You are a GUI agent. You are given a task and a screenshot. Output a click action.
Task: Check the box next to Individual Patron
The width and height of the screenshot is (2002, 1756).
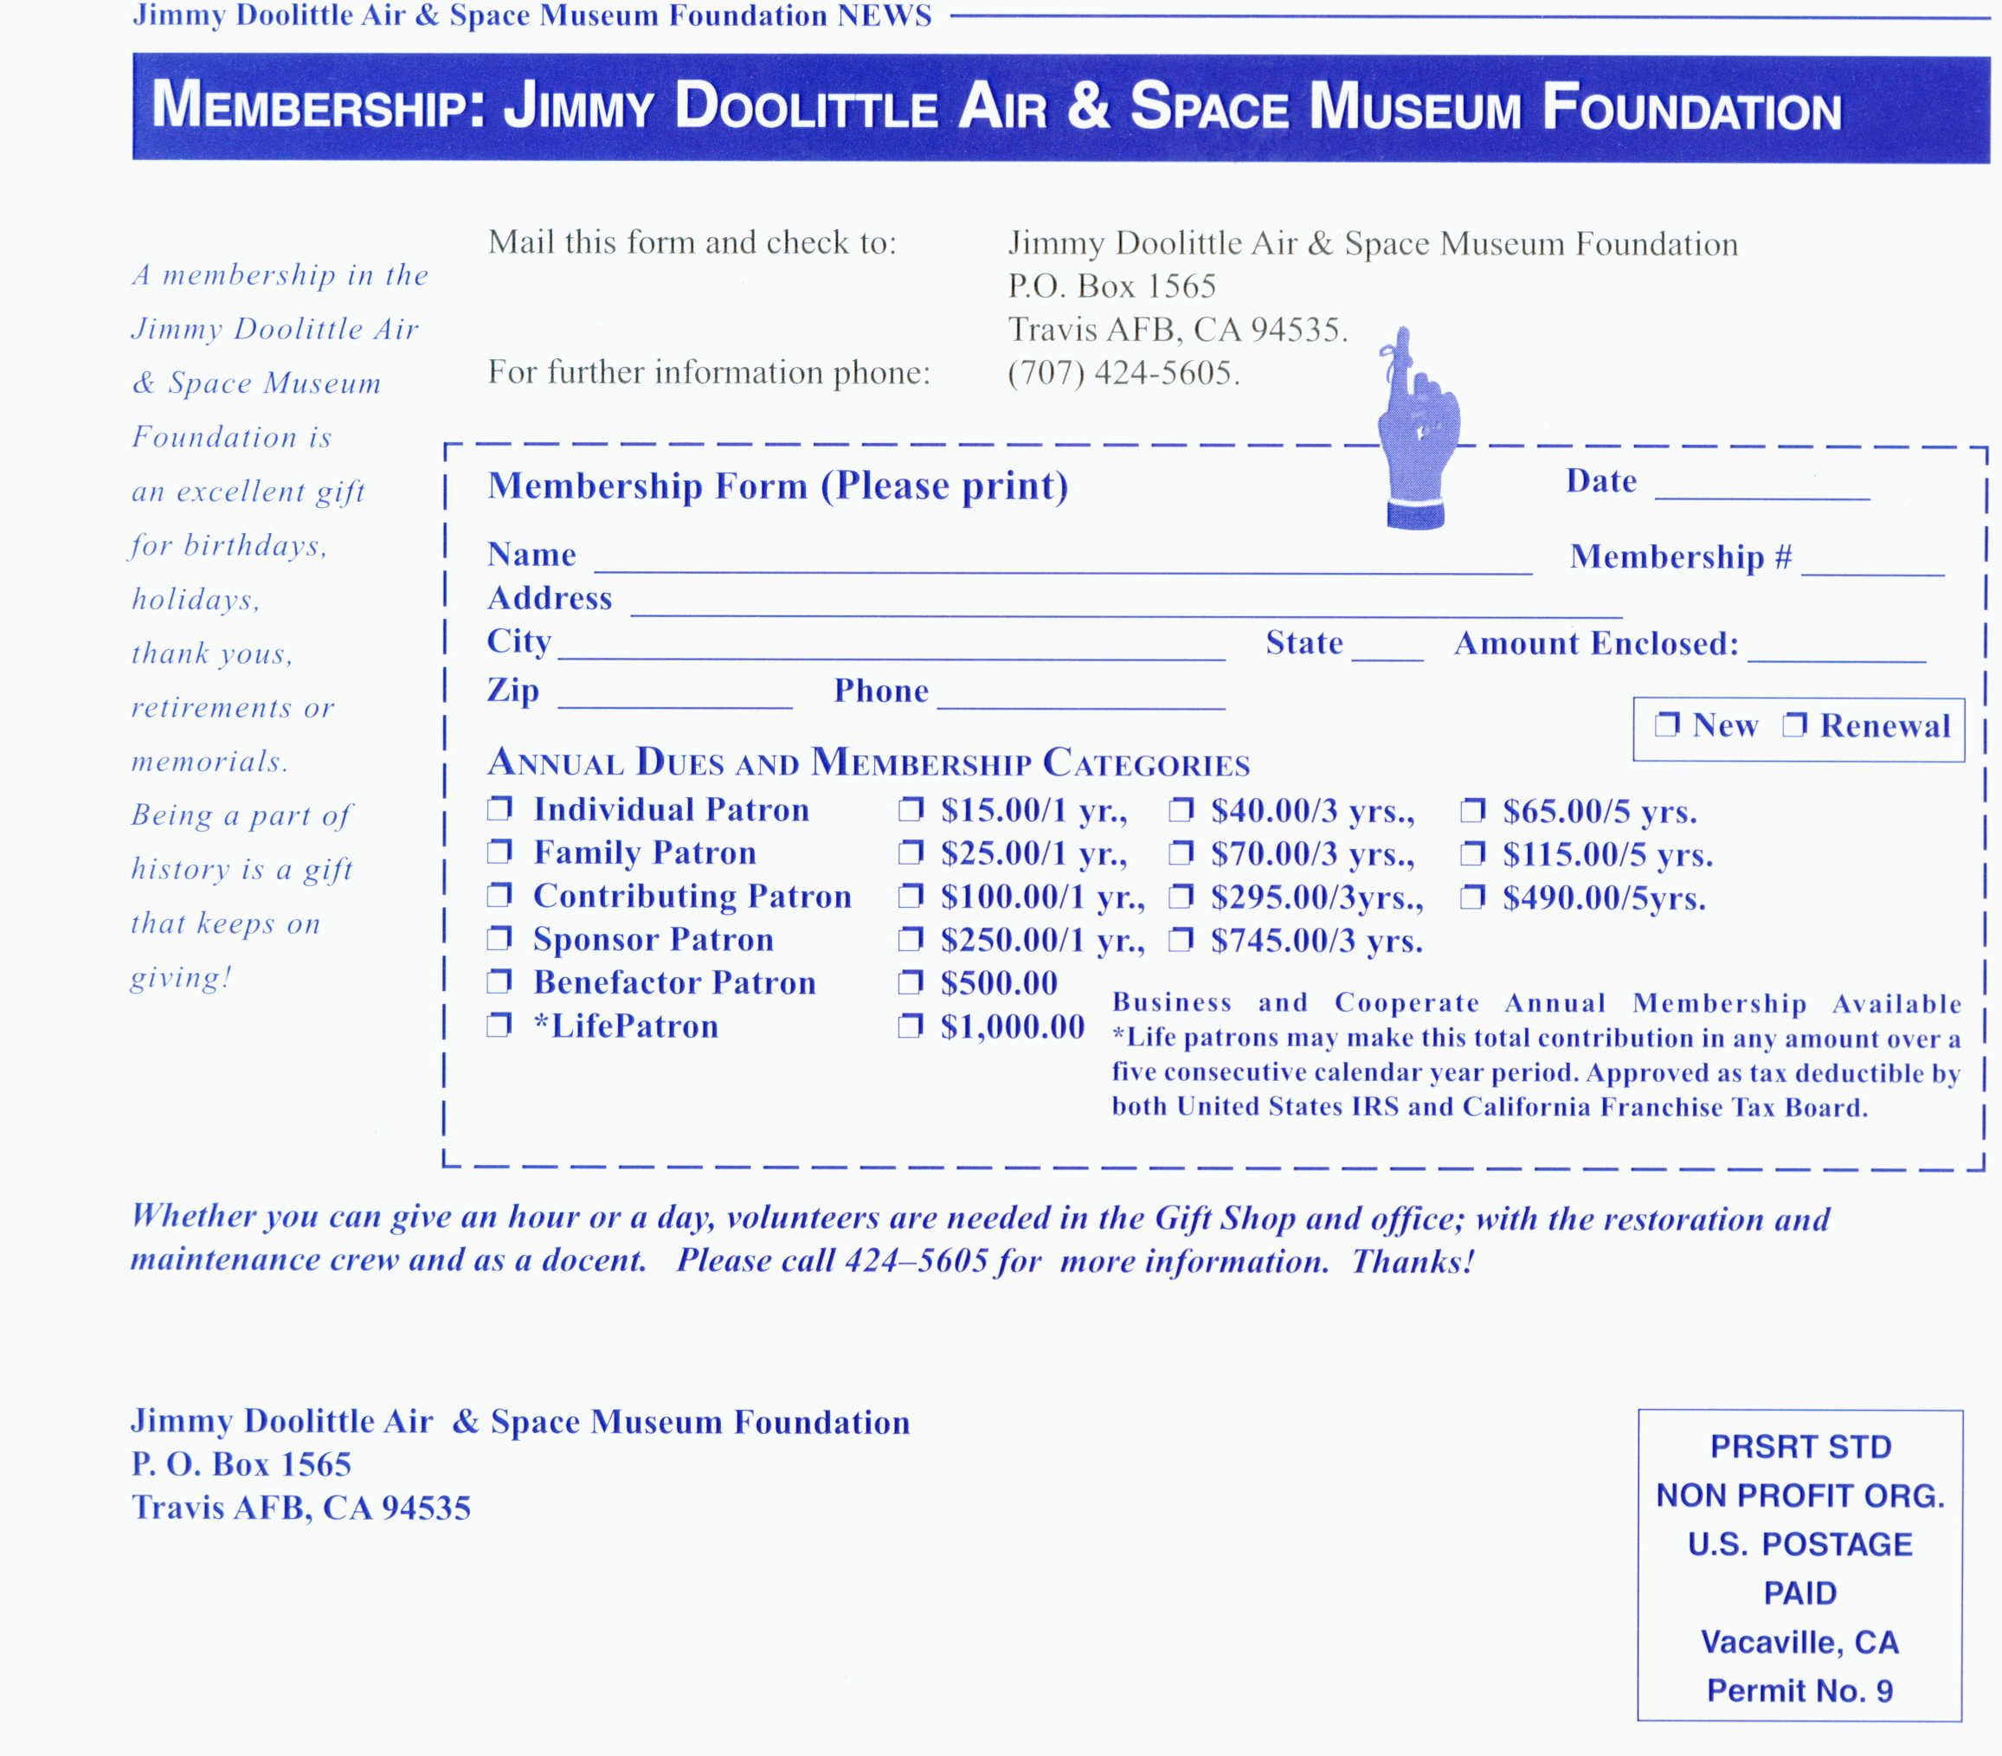pyautogui.click(x=499, y=808)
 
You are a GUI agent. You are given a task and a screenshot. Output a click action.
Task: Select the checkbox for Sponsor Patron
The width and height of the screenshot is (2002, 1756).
pyautogui.click(x=499, y=938)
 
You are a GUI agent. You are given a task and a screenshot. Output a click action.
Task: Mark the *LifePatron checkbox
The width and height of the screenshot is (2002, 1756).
pyautogui.click(x=499, y=1025)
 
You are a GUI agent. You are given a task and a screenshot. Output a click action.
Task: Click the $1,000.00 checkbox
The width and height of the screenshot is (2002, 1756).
pyautogui.click(x=911, y=1026)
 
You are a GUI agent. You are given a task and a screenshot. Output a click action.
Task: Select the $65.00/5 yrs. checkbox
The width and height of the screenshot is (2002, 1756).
pyautogui.click(x=1472, y=810)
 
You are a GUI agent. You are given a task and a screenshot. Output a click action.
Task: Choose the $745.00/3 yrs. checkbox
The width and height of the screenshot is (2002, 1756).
pyautogui.click(x=1181, y=939)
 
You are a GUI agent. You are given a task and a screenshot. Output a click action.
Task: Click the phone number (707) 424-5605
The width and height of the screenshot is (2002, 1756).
pyautogui.click(x=1123, y=373)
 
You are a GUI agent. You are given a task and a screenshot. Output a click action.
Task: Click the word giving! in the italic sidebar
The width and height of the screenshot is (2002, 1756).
pyautogui.click(x=181, y=976)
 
